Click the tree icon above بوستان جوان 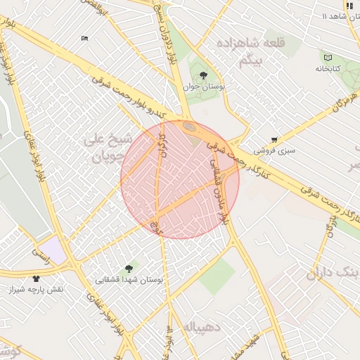click(203, 75)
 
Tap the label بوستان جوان click(203, 86)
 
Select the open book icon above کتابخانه click(328, 57)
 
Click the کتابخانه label click(328, 68)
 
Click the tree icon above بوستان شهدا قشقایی click(129, 268)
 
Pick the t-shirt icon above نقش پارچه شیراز click(36, 278)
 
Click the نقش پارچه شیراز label click(36, 290)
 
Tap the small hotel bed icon click(85, 38)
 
